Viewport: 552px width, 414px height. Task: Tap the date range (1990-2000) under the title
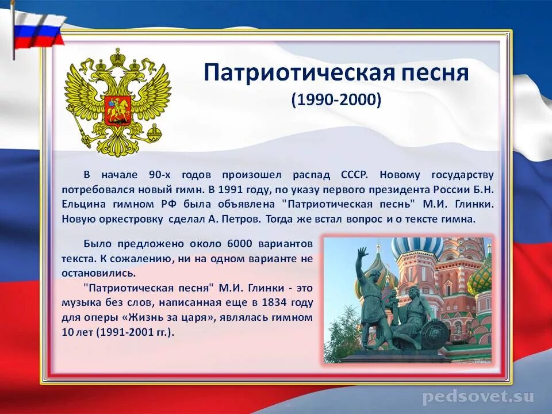tap(336, 100)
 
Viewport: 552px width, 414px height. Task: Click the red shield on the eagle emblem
tap(118, 109)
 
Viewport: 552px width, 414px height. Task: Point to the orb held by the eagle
tap(154, 133)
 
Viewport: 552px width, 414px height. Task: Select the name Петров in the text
tap(244, 219)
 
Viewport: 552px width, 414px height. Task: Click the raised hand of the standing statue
tap(362, 254)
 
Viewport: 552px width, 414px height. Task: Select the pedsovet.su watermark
tap(478, 397)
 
